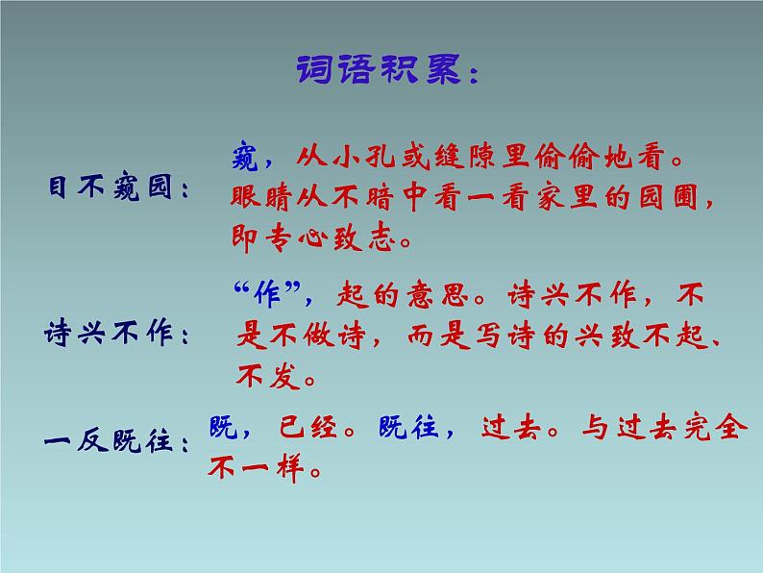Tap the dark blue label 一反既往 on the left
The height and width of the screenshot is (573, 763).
(x=111, y=443)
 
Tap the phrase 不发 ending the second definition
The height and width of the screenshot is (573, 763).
(x=264, y=376)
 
